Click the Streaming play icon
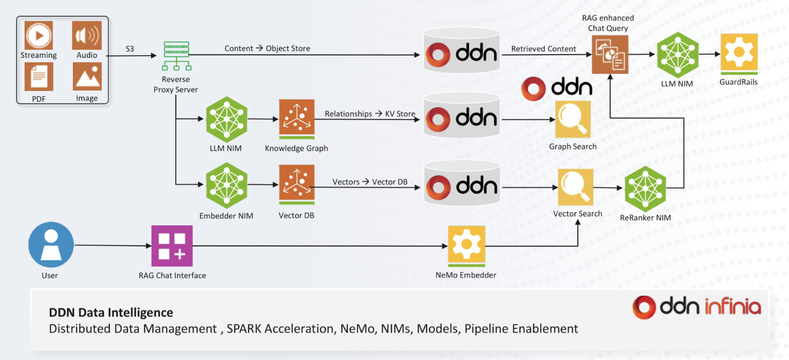tap(39, 35)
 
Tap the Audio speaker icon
tap(87, 35)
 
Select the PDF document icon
tap(39, 77)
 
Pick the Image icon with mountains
tap(87, 77)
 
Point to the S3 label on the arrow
tap(130, 49)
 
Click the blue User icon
tap(50, 245)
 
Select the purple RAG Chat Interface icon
tap(172, 246)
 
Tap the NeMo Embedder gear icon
tap(466, 245)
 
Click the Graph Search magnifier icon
tap(572, 119)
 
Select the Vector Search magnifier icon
tap(576, 186)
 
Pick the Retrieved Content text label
tap(544, 49)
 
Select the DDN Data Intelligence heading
tap(111, 312)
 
